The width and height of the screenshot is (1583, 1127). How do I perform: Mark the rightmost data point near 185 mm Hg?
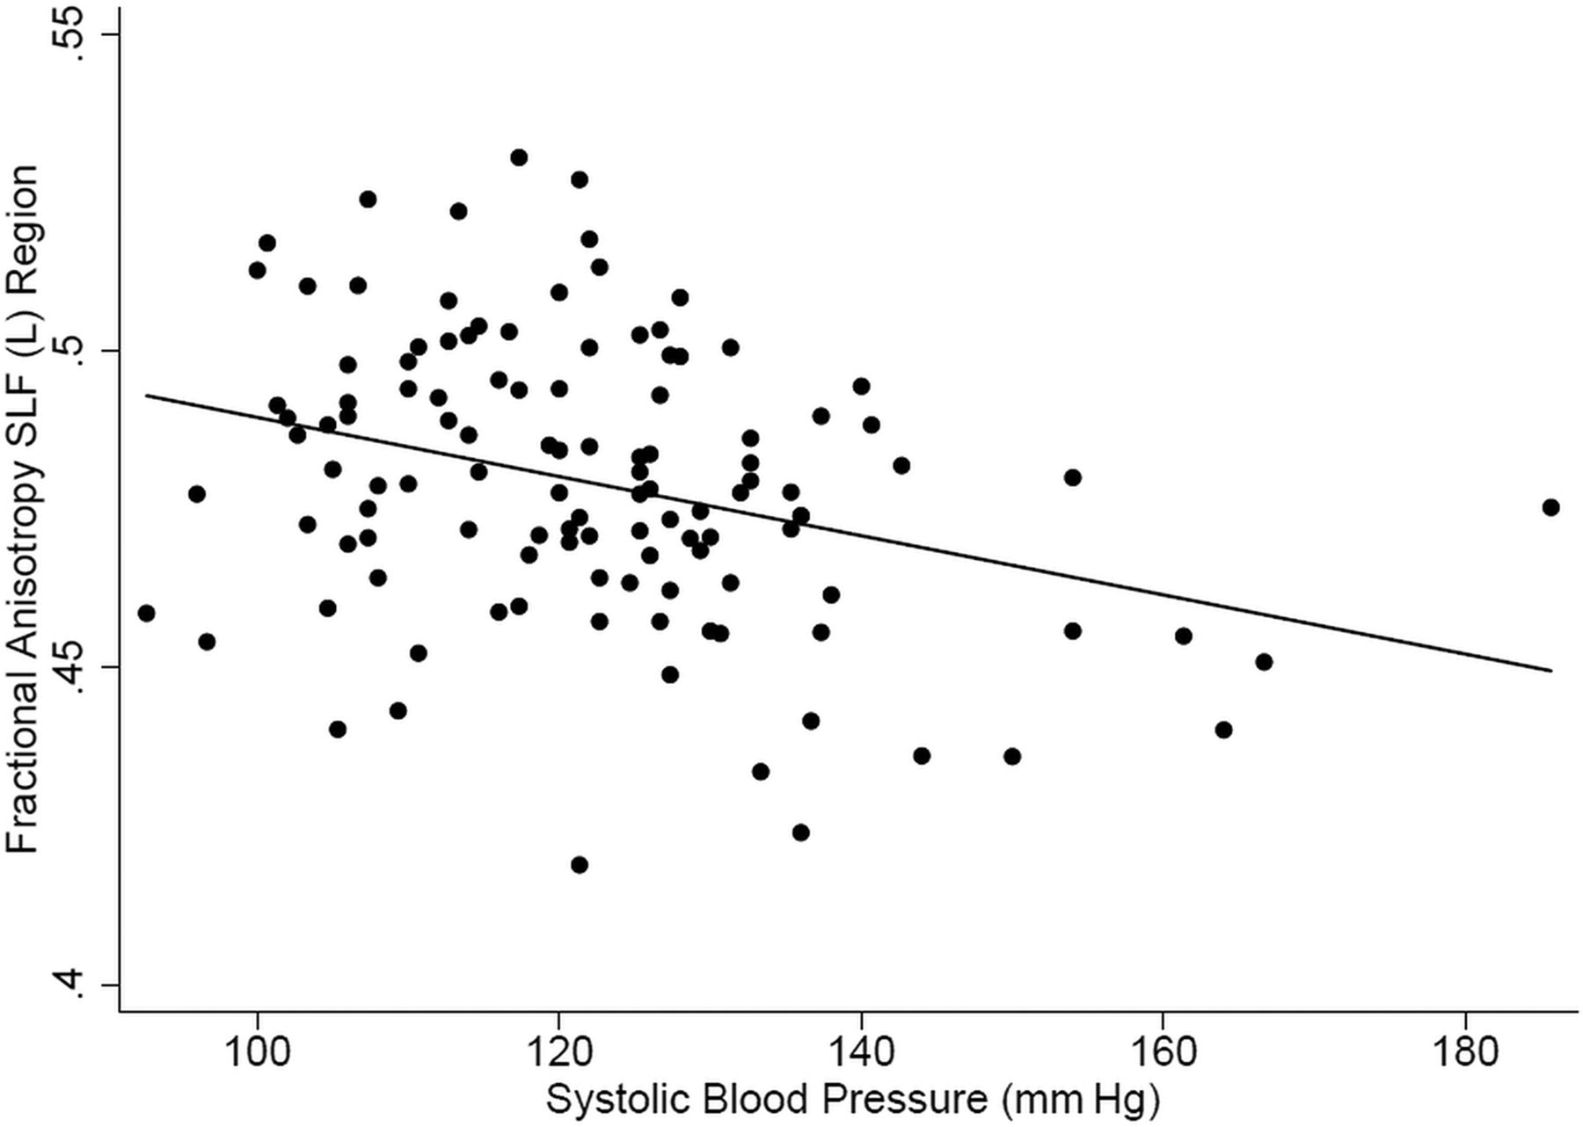coord(1550,507)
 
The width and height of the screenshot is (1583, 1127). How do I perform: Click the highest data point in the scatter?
coord(519,157)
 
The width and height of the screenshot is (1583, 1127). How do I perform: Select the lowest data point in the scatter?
coord(579,865)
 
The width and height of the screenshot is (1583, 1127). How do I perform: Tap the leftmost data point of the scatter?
coord(147,613)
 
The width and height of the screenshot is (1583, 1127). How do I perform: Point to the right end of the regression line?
coord(1551,671)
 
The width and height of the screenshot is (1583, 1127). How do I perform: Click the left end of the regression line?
coord(147,396)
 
